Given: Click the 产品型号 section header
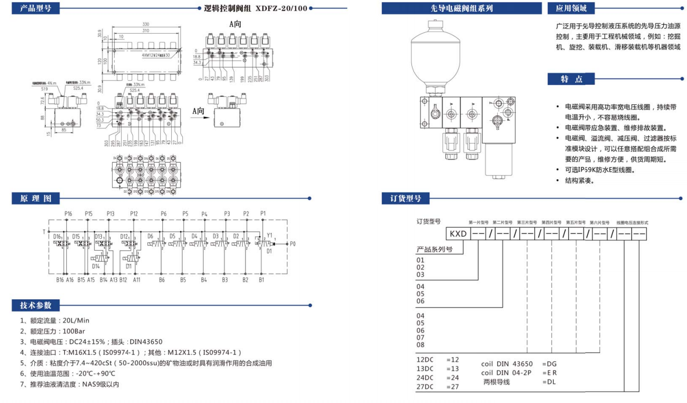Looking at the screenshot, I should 36,8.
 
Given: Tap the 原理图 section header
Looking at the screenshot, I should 36,199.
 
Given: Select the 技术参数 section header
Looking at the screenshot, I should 36,306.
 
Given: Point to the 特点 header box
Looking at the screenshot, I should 571,79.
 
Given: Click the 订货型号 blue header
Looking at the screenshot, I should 406,199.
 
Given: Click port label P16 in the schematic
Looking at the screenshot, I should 68,213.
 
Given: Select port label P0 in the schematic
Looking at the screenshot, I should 293,244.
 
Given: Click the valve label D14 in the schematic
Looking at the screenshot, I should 95,267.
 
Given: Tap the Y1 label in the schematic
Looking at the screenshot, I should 270,235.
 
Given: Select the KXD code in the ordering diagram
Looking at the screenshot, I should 457,233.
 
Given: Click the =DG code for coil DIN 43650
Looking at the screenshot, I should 549,364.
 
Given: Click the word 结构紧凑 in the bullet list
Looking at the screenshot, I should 579,181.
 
